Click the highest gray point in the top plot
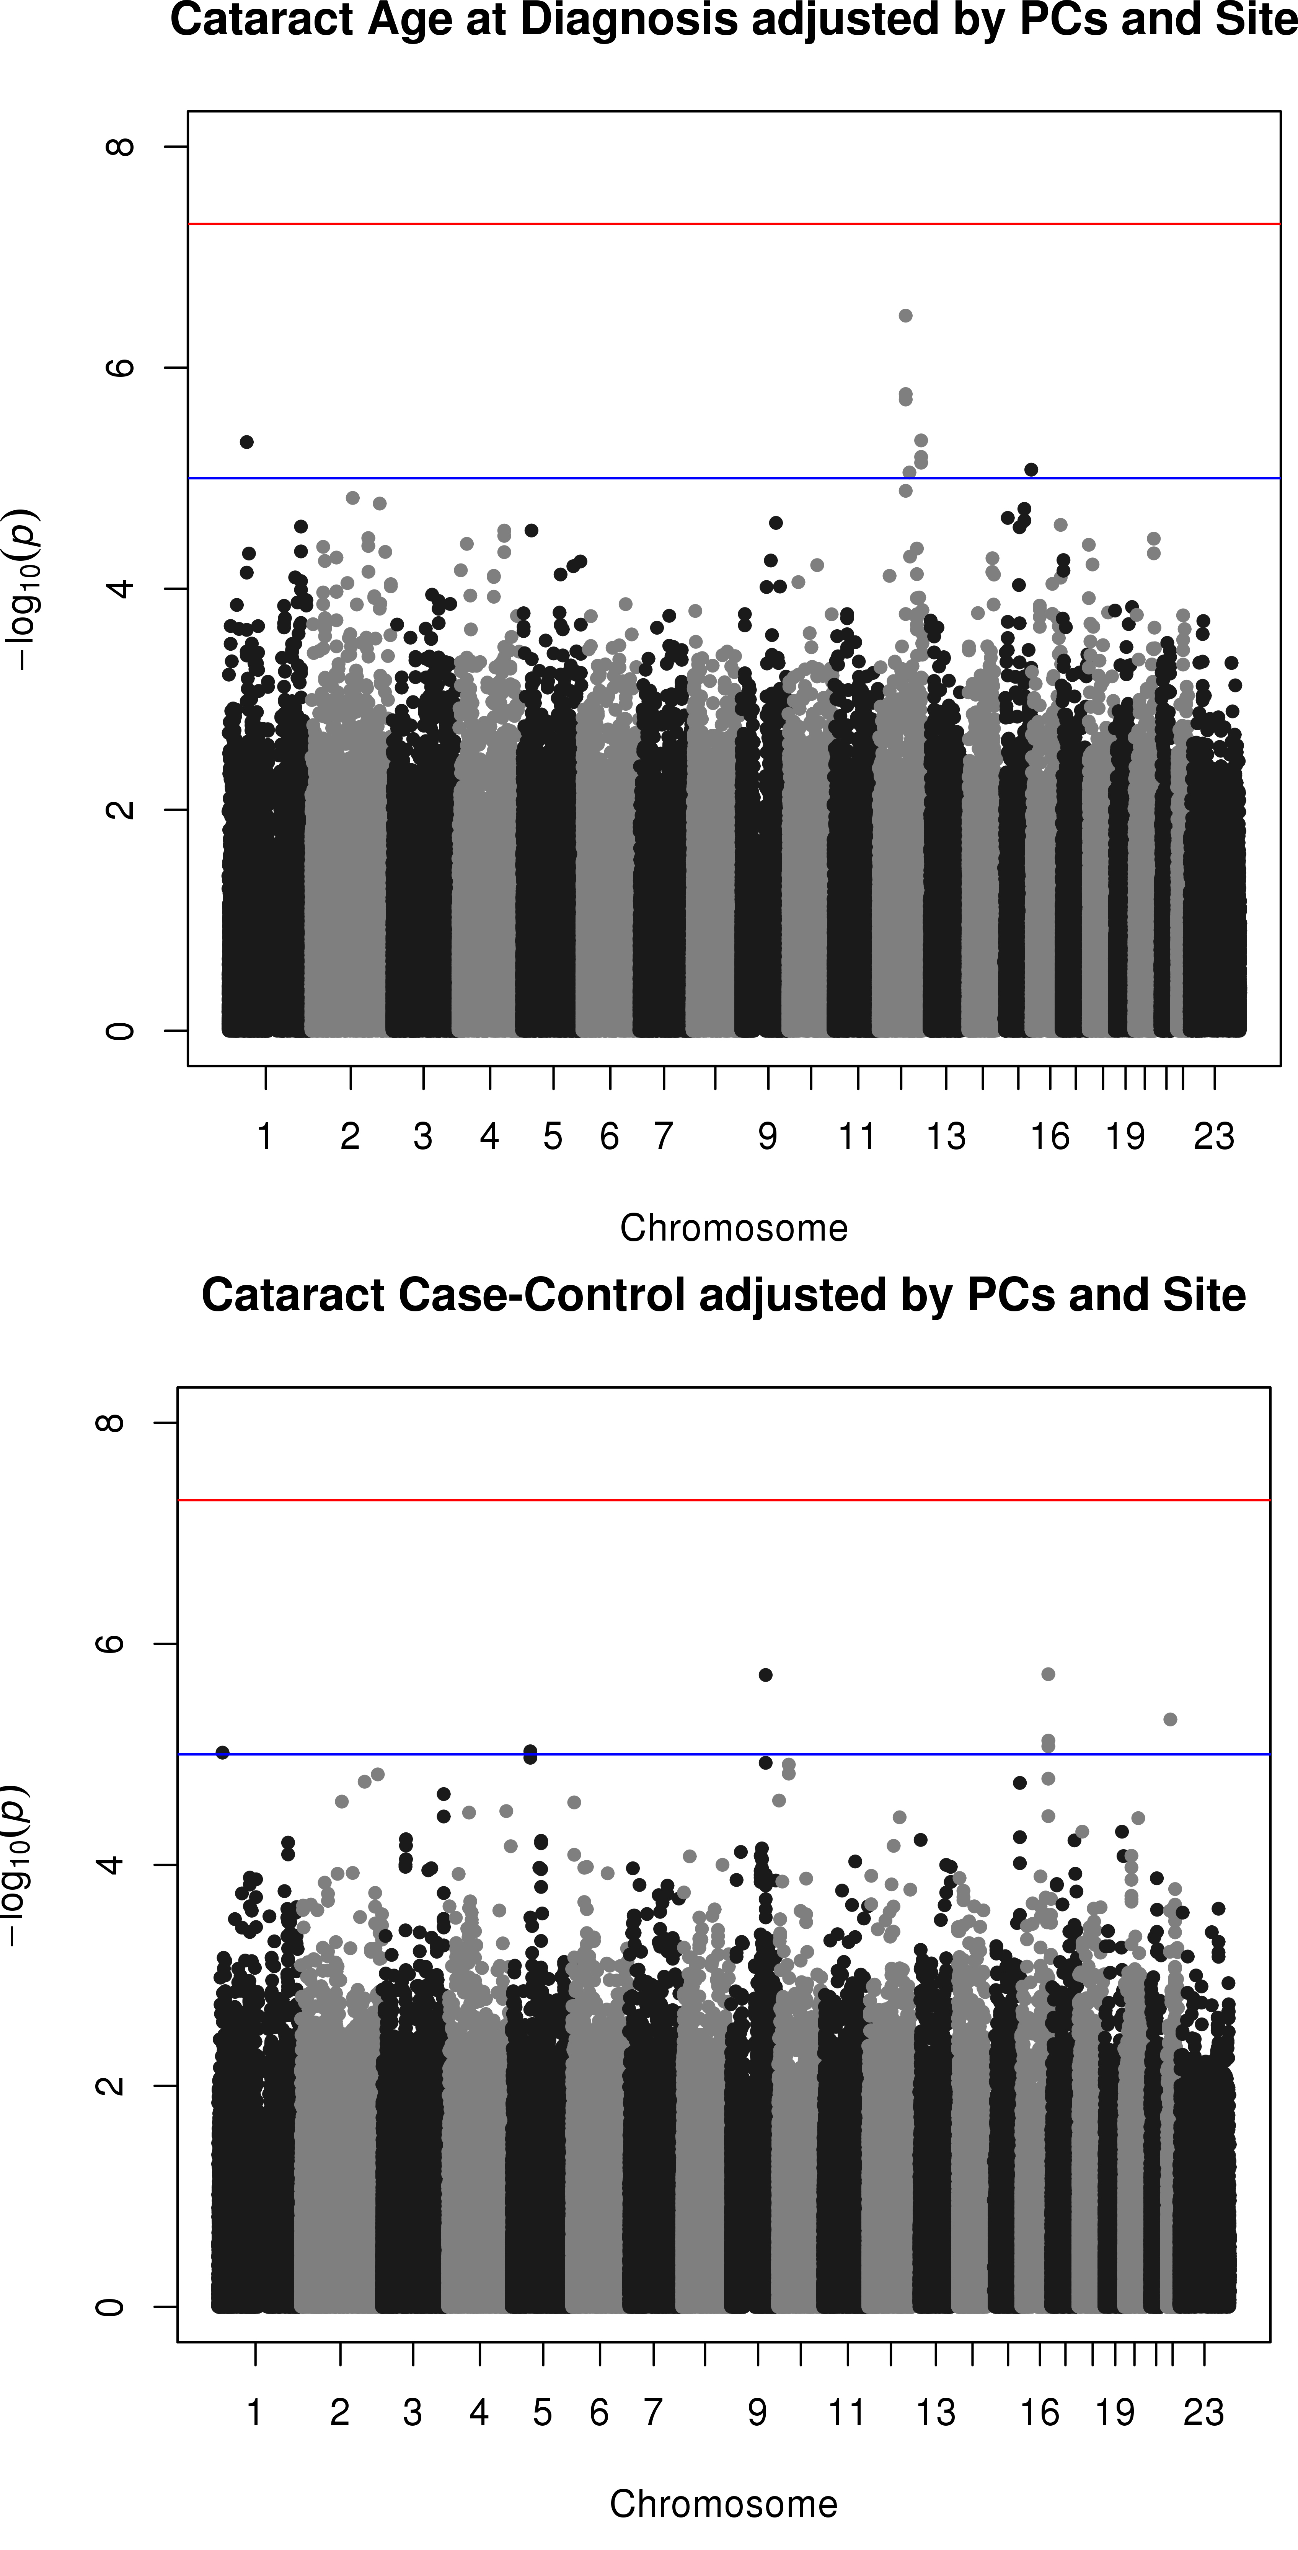click(905, 316)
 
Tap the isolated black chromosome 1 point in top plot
click(246, 441)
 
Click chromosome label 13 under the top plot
click(946, 1137)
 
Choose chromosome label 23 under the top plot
click(1214, 1137)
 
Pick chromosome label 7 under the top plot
click(664, 1137)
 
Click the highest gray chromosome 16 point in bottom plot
click(1049, 1674)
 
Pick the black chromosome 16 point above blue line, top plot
click(1031, 469)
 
